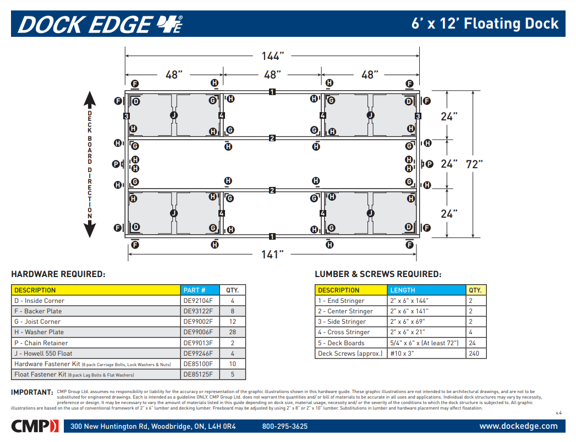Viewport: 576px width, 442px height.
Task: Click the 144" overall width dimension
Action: tap(272, 56)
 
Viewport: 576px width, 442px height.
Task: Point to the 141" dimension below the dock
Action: tap(272, 254)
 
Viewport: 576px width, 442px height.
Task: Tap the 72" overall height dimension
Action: tap(474, 164)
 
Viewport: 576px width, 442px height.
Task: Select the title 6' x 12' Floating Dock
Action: tap(485, 24)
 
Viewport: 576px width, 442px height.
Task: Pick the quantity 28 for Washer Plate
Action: tap(233, 332)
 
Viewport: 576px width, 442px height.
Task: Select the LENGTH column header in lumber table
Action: tap(403, 290)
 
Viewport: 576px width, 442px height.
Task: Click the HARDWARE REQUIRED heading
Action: tap(58, 274)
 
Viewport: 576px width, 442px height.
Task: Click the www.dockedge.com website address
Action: tap(518, 426)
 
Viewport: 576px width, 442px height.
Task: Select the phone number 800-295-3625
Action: tap(285, 427)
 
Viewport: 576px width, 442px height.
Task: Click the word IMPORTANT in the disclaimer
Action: tap(32, 392)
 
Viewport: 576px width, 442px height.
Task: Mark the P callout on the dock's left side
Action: tap(116, 164)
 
